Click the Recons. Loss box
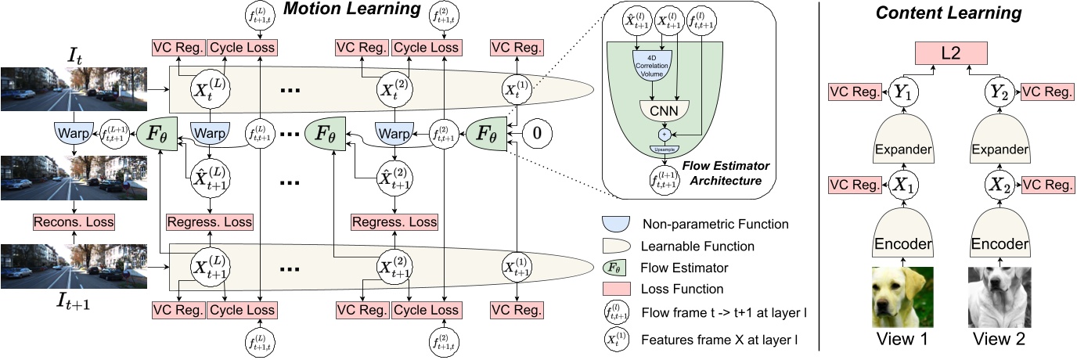click(74, 222)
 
